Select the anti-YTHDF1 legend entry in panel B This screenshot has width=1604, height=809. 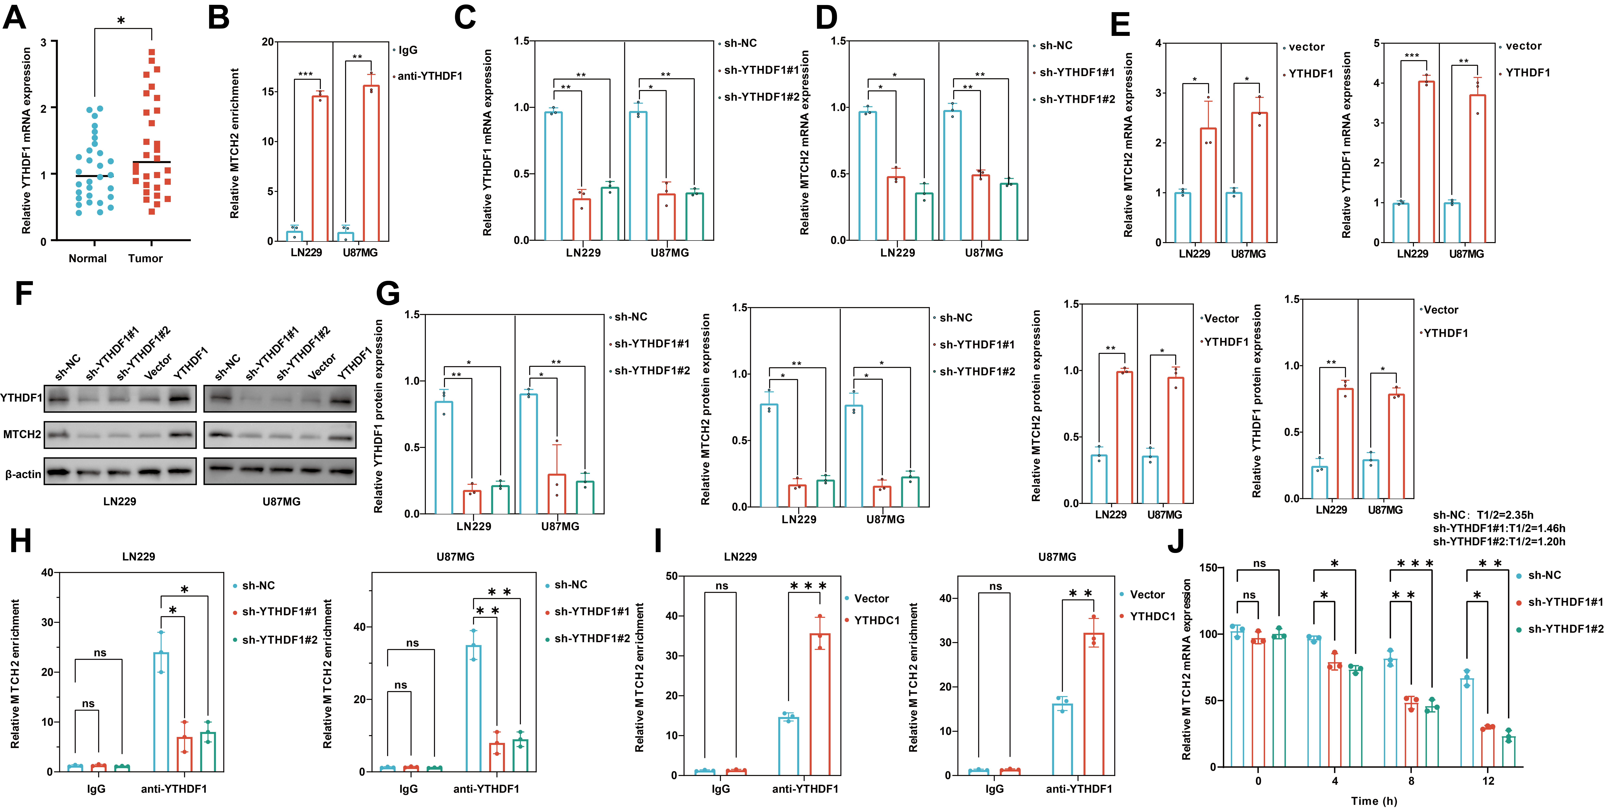coord(430,76)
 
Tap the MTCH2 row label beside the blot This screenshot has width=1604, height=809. coord(22,434)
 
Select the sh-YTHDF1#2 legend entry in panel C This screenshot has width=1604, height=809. coord(761,97)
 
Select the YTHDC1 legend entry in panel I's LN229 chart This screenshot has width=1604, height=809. coord(877,620)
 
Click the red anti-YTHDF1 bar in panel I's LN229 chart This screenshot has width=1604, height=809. coord(820,704)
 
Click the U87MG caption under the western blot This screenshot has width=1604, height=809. coord(281,501)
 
